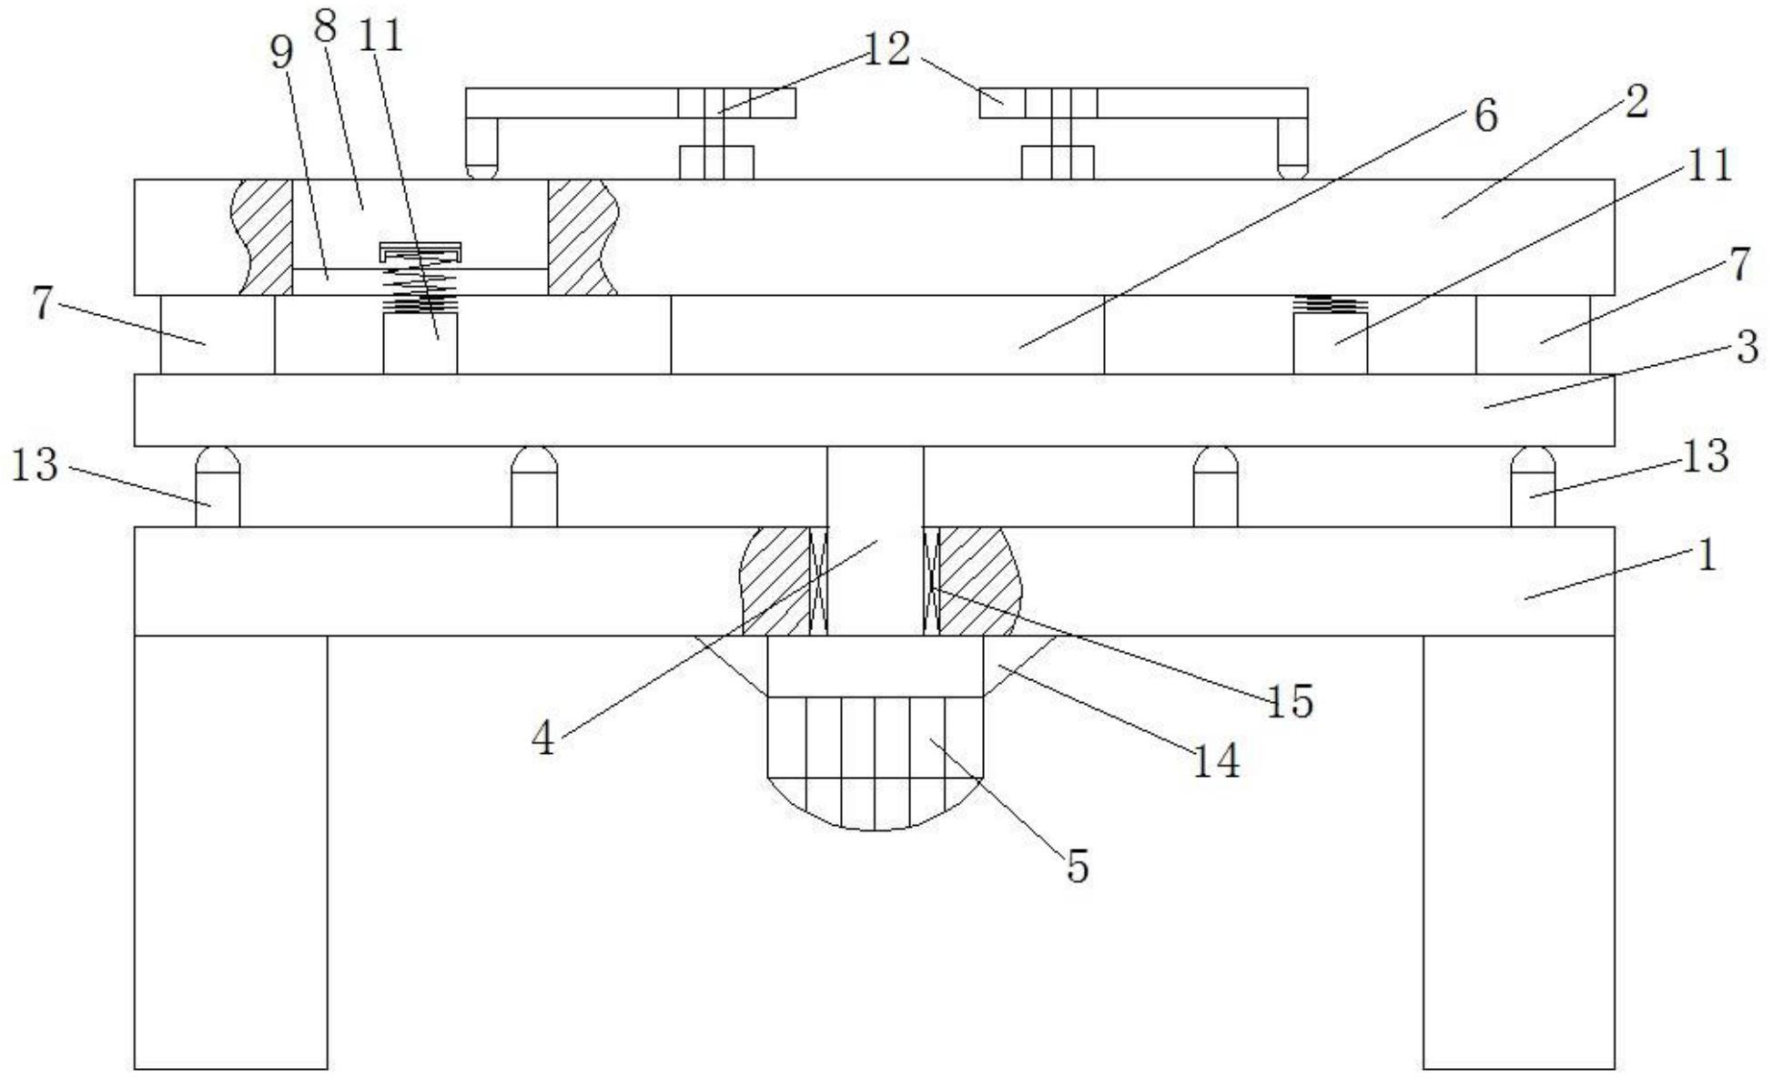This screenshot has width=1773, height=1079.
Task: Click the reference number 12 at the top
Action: pos(886,49)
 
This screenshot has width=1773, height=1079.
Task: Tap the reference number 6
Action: pos(1484,117)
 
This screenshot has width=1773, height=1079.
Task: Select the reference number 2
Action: pos(1636,103)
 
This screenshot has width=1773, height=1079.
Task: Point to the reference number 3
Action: pos(1746,348)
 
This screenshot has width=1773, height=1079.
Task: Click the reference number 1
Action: pos(1707,555)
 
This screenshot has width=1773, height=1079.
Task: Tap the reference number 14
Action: pos(1216,759)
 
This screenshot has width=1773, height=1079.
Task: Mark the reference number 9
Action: pos(282,53)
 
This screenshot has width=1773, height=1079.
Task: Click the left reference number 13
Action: pos(35,464)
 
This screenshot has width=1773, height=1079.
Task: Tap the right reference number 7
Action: pos(1738,264)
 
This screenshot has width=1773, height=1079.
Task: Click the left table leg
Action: pos(230,851)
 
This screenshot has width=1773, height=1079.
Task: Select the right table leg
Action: pos(1518,851)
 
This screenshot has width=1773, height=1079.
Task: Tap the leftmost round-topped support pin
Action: pos(218,486)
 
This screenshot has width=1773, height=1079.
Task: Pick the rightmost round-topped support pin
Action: pos(1533,486)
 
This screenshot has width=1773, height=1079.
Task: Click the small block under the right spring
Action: pos(1330,344)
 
